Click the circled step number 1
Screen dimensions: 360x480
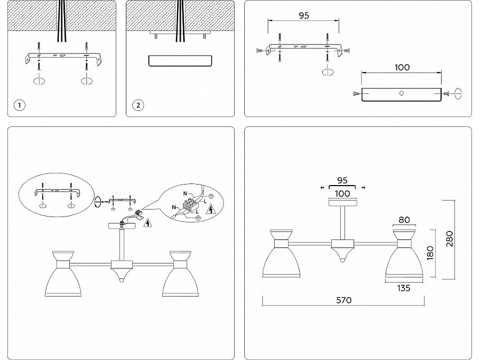click(x=19, y=105)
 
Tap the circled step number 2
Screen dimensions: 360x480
click(x=138, y=105)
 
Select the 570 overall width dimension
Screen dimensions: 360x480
click(x=344, y=300)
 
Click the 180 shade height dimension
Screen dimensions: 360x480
click(x=431, y=252)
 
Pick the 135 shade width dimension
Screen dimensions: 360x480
click(x=403, y=289)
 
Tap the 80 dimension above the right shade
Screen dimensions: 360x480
click(x=403, y=219)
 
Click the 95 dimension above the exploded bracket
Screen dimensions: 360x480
click(x=303, y=15)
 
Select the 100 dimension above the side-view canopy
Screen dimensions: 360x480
click(x=402, y=67)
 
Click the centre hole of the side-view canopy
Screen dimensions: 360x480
click(x=402, y=93)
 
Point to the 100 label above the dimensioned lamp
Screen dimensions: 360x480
click(x=343, y=193)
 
